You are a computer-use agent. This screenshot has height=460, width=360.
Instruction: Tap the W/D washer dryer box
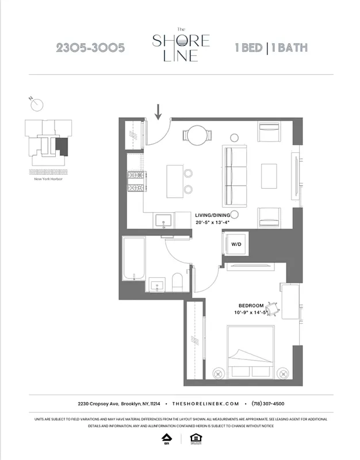tap(236, 244)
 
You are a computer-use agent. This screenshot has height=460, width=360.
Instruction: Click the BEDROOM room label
tap(251, 305)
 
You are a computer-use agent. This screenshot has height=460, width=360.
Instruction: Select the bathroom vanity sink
tap(157, 285)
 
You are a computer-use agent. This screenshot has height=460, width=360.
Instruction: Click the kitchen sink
tap(163, 220)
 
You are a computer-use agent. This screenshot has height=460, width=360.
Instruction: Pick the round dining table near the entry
tap(196, 136)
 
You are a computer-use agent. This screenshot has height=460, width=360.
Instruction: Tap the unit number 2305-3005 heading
tap(90, 48)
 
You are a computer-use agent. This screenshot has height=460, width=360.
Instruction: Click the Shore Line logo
tap(180, 47)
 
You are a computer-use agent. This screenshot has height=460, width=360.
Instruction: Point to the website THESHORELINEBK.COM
tap(205, 404)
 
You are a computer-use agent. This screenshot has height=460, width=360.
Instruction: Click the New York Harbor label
tap(48, 179)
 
